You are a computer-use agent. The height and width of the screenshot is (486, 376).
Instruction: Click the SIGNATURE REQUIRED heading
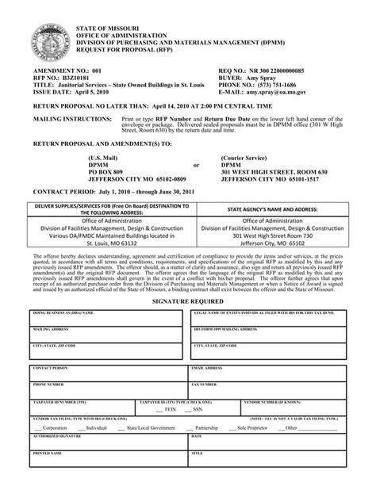[x=187, y=302]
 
